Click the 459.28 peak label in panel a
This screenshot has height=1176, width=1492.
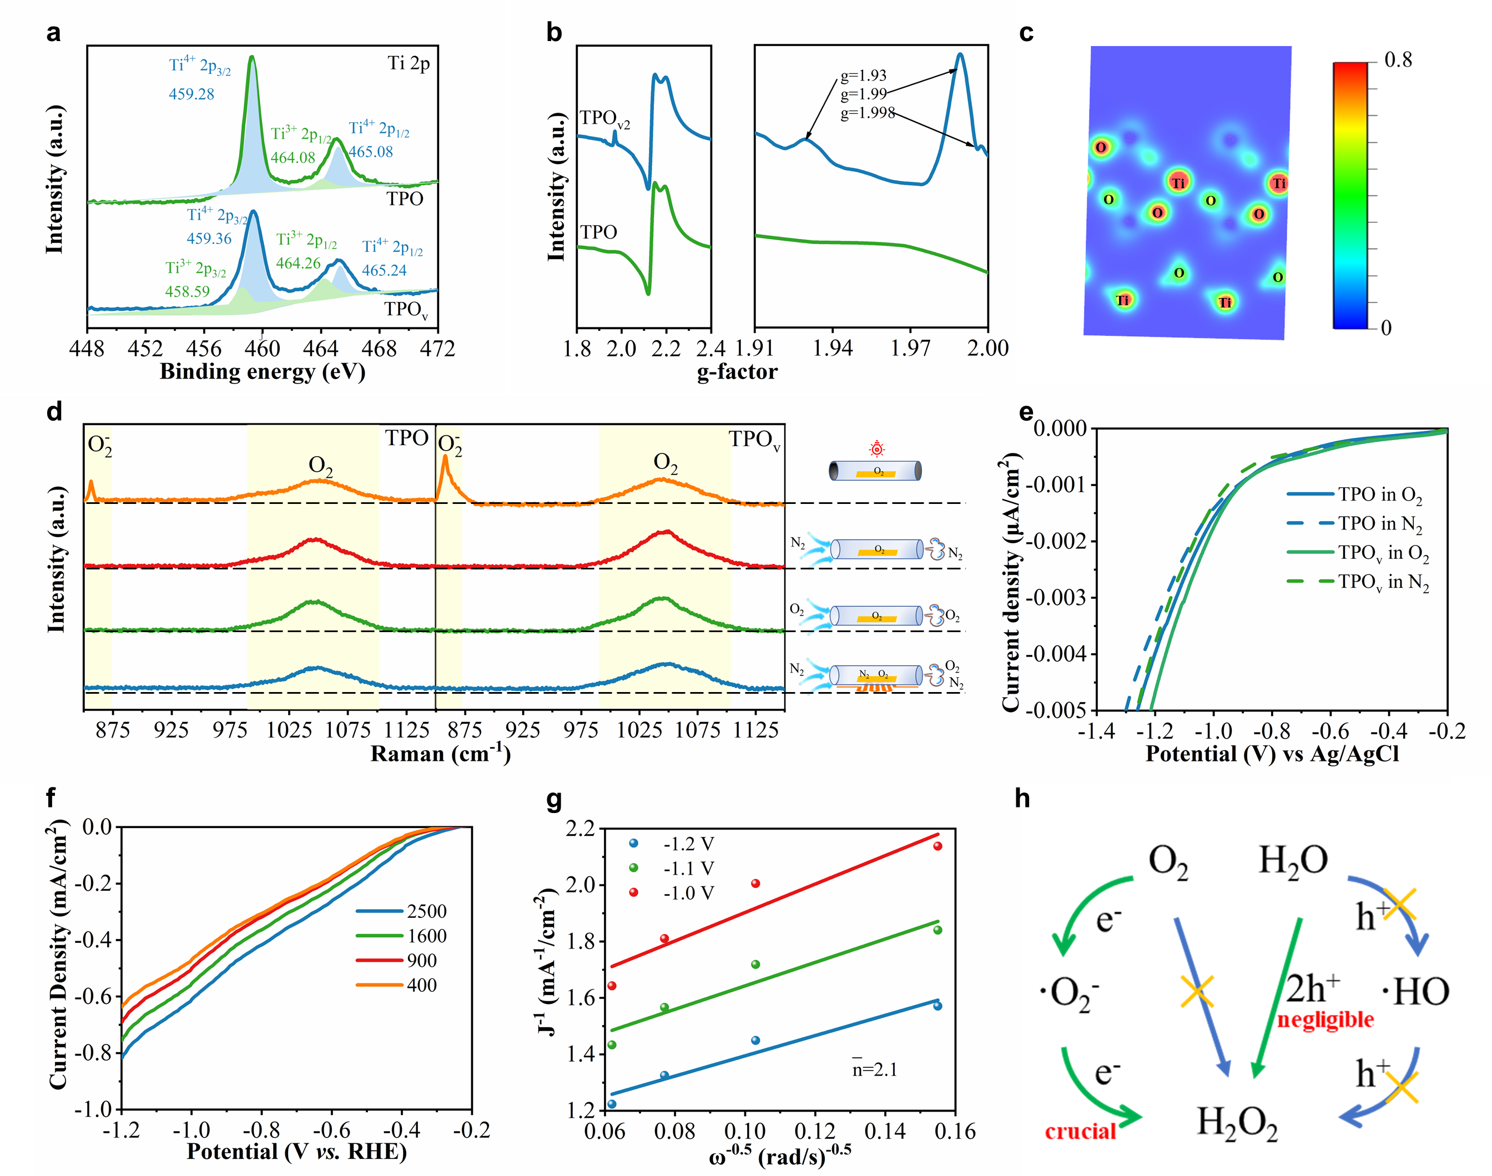tap(191, 94)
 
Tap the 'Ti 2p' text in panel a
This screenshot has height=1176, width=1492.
tap(409, 63)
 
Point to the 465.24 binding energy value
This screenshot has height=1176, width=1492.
tap(384, 271)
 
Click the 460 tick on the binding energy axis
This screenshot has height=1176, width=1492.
tap(263, 349)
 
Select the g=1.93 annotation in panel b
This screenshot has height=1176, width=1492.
tap(863, 75)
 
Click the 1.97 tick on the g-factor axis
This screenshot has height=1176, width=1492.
tap(910, 349)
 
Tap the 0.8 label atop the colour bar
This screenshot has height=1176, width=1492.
tap(1398, 60)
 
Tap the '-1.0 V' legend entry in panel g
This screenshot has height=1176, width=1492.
tap(688, 893)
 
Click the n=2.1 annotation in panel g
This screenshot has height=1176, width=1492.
tap(874, 1069)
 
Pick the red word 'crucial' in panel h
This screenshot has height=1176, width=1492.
tap(1080, 1131)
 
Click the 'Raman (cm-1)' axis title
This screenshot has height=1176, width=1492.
tap(441, 754)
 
